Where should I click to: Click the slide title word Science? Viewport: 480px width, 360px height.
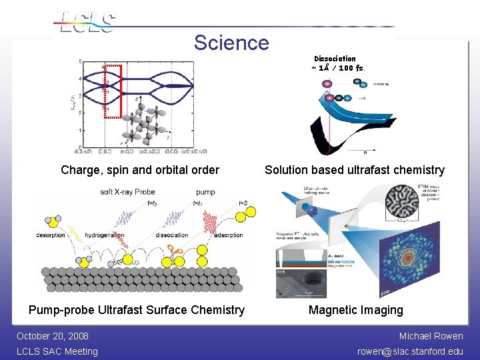[x=231, y=43]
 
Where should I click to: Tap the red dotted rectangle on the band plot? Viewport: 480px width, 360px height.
[x=113, y=91]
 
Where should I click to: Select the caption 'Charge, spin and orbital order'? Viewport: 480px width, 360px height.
[x=140, y=170]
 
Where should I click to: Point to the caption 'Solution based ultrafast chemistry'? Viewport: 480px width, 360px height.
[x=354, y=170]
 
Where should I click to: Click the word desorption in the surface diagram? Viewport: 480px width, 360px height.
[x=51, y=235]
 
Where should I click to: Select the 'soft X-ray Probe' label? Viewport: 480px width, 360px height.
[x=127, y=192]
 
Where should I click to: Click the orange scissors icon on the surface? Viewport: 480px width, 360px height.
[x=176, y=252]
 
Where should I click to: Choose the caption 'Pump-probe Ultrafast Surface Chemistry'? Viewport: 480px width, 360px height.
[x=136, y=310]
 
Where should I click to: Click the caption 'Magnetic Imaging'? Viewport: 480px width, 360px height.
[x=355, y=310]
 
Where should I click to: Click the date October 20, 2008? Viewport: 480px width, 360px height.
[x=53, y=336]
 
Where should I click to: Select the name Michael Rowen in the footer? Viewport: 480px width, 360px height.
[x=431, y=336]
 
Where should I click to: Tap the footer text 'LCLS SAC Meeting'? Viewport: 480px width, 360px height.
[x=57, y=351]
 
